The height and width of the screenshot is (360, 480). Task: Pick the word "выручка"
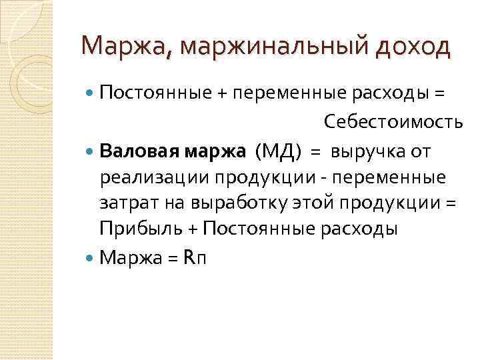point(367,152)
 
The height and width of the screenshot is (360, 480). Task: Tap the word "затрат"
point(125,203)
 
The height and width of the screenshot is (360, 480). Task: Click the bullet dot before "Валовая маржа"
point(91,152)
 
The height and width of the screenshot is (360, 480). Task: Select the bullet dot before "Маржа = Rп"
point(91,258)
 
